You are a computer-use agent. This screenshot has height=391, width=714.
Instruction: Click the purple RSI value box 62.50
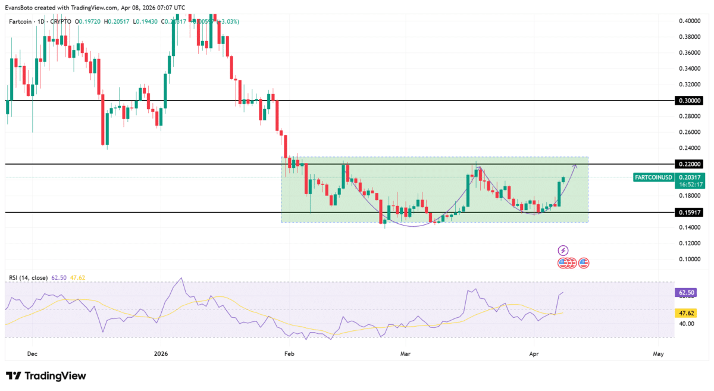[687, 293]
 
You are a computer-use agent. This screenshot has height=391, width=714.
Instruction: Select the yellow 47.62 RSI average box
[687, 312]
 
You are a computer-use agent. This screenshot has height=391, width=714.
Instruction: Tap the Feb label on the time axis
[290, 354]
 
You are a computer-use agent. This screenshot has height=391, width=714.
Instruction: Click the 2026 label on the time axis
[161, 354]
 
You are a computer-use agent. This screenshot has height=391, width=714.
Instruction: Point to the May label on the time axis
[658, 354]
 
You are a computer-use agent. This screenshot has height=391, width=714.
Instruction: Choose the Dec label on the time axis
[32, 354]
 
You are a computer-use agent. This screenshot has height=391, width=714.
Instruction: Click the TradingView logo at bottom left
[46, 376]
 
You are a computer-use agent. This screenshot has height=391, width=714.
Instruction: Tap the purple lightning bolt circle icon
[563, 251]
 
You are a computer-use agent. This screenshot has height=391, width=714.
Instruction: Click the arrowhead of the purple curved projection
[575, 165]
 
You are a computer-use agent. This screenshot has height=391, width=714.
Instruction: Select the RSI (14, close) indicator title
[29, 277]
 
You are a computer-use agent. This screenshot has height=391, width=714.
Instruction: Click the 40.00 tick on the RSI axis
[686, 324]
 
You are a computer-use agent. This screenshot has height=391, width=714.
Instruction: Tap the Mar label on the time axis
[405, 354]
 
